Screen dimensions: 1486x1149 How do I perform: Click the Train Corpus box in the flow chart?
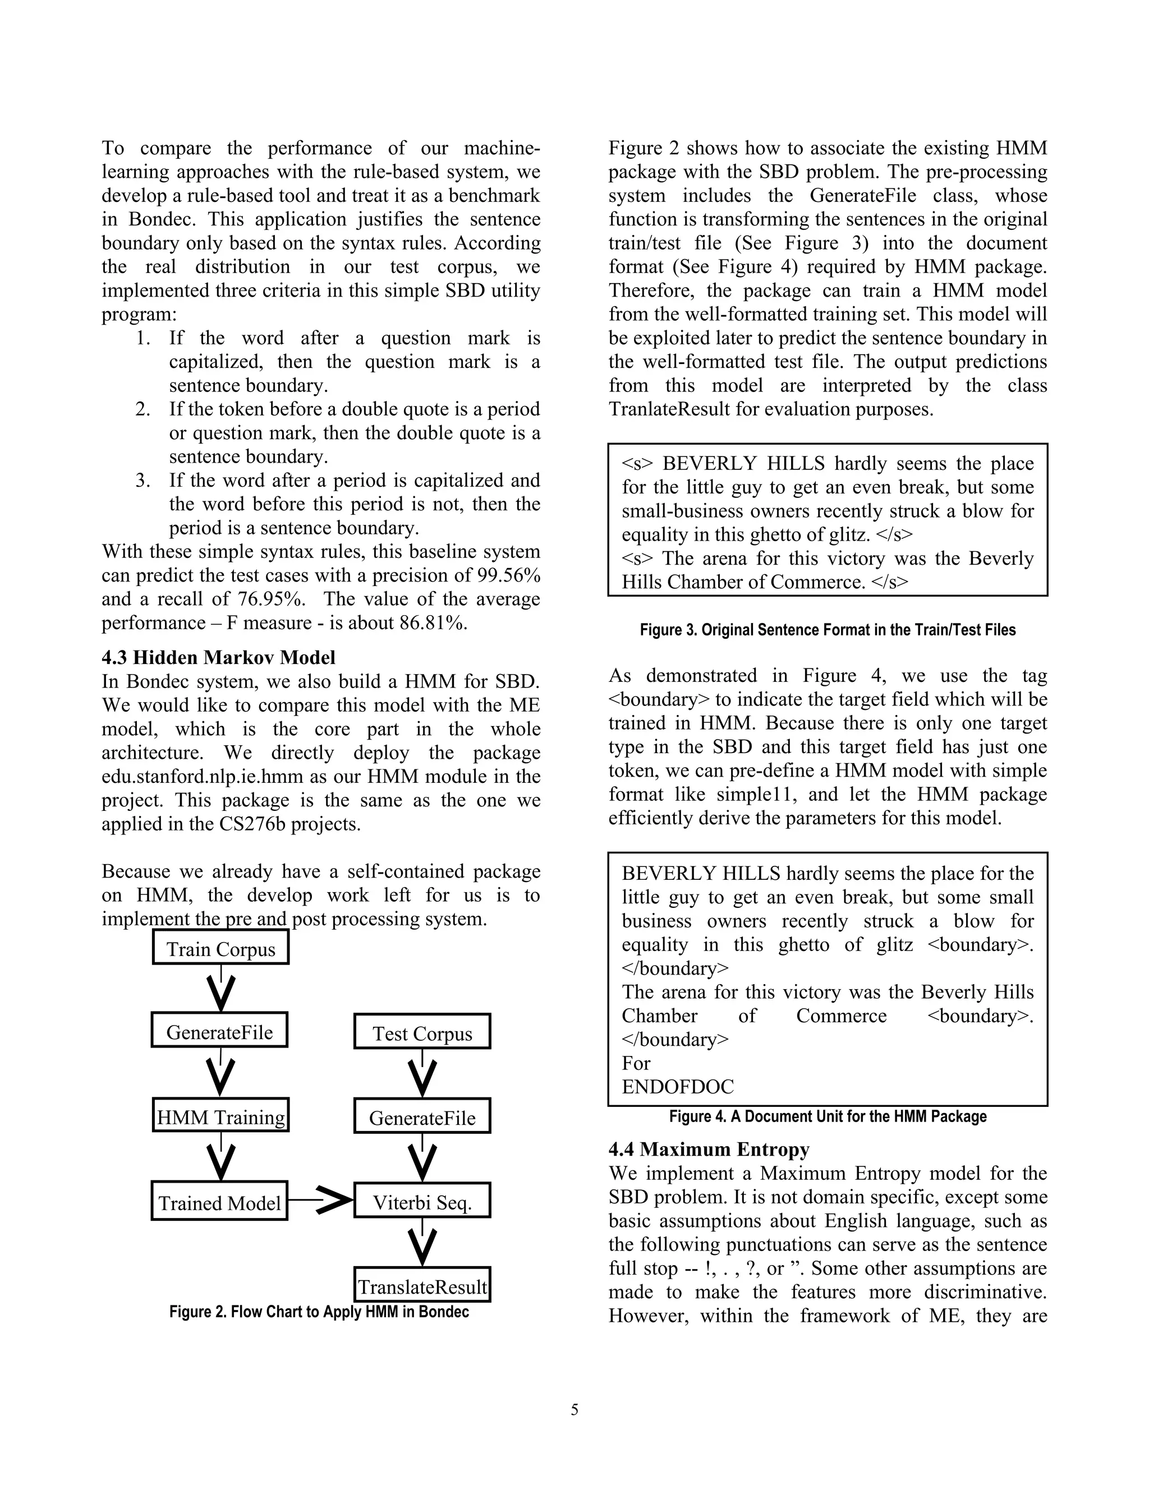coord(220,948)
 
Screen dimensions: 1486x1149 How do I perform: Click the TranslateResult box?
coord(422,1286)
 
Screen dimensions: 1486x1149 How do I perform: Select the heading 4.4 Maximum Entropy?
coord(709,1149)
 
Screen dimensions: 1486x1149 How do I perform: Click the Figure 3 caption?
coord(827,630)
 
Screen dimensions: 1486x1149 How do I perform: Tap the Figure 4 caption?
coord(827,1116)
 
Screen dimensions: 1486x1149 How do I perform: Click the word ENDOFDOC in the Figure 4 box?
coord(677,1087)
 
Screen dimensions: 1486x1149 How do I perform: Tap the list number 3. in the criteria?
coord(143,481)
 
